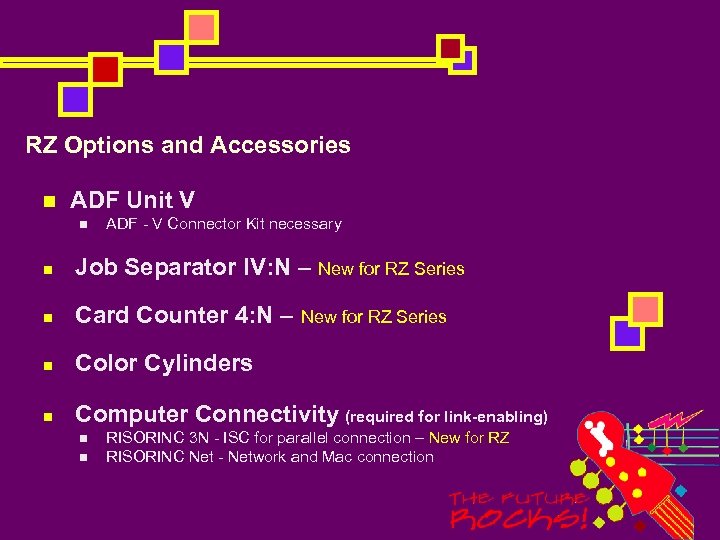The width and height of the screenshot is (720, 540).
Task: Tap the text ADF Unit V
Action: [132, 200]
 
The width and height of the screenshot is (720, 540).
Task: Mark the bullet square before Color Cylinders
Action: [47, 364]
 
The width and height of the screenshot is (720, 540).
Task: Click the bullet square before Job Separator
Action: [47, 268]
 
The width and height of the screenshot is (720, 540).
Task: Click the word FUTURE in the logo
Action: [549, 497]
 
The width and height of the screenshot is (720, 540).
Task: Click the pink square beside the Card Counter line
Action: [645, 309]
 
